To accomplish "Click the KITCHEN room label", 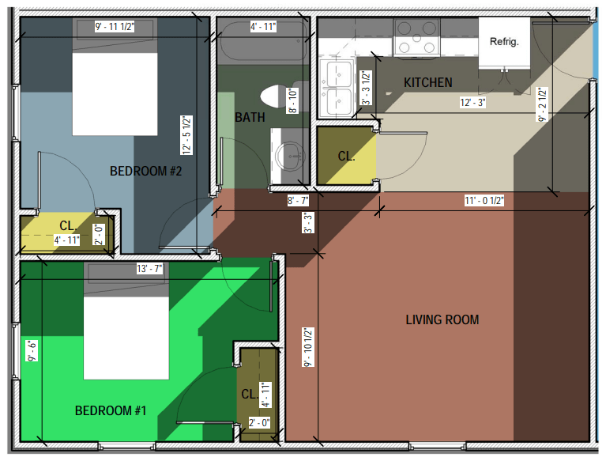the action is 427,82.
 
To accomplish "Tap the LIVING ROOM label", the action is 442,319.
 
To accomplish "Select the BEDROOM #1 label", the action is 111,410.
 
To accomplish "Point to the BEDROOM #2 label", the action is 145,171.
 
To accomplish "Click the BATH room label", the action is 250,117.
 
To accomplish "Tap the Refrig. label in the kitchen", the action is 504,41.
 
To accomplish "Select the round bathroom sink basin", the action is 290,157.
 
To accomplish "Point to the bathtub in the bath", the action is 264,40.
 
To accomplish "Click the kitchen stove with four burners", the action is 416,37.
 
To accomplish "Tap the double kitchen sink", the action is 337,89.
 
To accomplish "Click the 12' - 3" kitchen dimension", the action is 472,103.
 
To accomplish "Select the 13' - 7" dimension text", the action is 149,268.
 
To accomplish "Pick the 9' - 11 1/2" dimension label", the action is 115,27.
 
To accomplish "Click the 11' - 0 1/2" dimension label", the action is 484,200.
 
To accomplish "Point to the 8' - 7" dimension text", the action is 298,201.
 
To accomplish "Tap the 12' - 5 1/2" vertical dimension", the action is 186,135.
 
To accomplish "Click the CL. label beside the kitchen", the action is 346,157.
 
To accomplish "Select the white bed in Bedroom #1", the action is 126,338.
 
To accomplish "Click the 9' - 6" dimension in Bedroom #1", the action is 32,351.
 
